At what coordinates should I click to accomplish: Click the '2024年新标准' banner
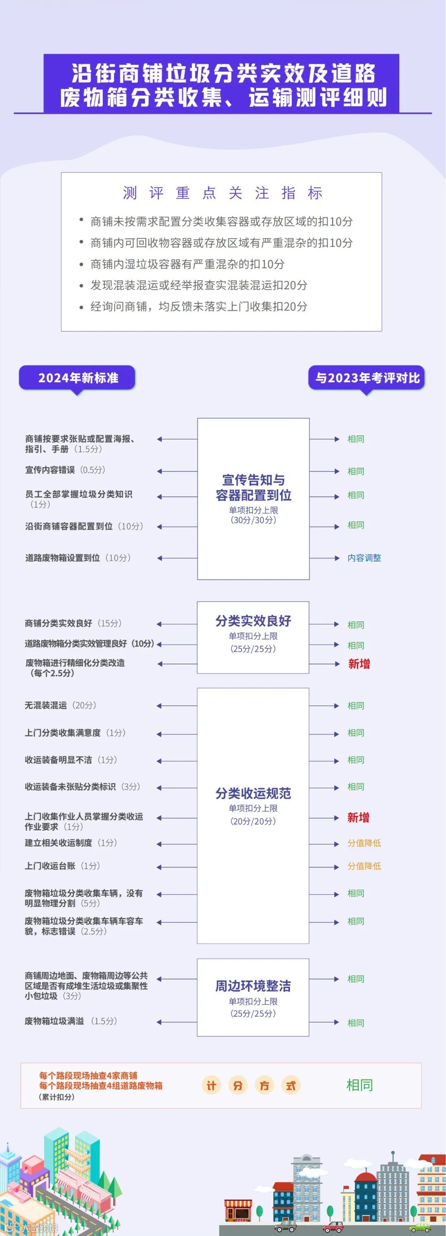click(78, 378)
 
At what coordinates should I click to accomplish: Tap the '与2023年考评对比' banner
click(367, 378)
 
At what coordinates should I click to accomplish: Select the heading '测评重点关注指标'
click(222, 193)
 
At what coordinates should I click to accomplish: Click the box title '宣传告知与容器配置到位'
click(253, 487)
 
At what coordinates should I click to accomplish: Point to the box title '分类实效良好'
click(253, 620)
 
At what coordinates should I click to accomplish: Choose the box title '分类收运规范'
click(253, 793)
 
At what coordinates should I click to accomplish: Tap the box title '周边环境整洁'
click(253, 985)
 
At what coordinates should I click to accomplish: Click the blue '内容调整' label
click(364, 558)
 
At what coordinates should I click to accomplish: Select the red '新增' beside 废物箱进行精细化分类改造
click(358, 664)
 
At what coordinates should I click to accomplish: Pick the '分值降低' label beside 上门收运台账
click(364, 866)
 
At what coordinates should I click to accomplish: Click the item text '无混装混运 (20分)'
click(60, 705)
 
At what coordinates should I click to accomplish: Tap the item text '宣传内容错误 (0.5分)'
click(65, 470)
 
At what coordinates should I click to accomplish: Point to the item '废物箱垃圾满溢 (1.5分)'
click(71, 1021)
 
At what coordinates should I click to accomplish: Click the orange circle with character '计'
click(211, 1085)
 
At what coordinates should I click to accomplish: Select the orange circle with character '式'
click(291, 1085)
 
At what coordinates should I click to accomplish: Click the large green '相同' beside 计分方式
click(360, 1085)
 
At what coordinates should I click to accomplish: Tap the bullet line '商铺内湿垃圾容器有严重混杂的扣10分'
click(187, 264)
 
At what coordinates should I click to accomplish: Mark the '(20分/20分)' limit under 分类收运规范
click(253, 821)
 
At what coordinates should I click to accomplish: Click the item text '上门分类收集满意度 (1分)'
click(75, 733)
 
